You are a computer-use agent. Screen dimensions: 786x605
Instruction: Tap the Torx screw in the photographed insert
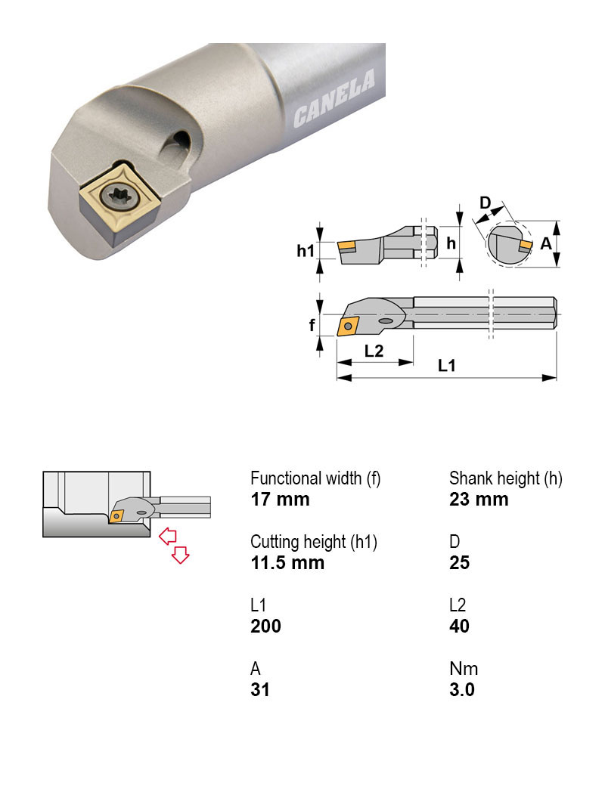120,198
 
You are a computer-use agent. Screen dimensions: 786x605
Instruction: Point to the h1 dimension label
305,249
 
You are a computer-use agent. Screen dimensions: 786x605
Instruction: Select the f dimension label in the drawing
311,325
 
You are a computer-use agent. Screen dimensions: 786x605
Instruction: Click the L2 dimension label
374,351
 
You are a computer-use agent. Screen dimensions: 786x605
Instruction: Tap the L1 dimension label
447,365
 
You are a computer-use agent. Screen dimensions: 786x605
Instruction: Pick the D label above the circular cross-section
486,203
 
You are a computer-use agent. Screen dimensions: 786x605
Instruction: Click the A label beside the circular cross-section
546,244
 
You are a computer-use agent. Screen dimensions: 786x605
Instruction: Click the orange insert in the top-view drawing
349,326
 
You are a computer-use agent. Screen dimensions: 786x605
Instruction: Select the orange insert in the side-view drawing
347,246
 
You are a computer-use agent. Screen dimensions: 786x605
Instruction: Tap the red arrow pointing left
168,536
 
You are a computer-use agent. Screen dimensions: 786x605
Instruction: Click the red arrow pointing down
180,555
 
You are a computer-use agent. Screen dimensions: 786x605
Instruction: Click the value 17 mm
280,500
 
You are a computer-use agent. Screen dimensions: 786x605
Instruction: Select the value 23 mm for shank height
479,500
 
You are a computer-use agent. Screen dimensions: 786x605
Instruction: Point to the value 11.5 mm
287,563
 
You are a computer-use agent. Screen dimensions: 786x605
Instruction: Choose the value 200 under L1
265,627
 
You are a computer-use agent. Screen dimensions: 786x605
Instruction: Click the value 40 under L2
459,627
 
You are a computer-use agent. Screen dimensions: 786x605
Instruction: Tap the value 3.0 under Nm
461,690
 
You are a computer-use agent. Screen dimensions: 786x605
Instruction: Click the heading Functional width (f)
315,478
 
